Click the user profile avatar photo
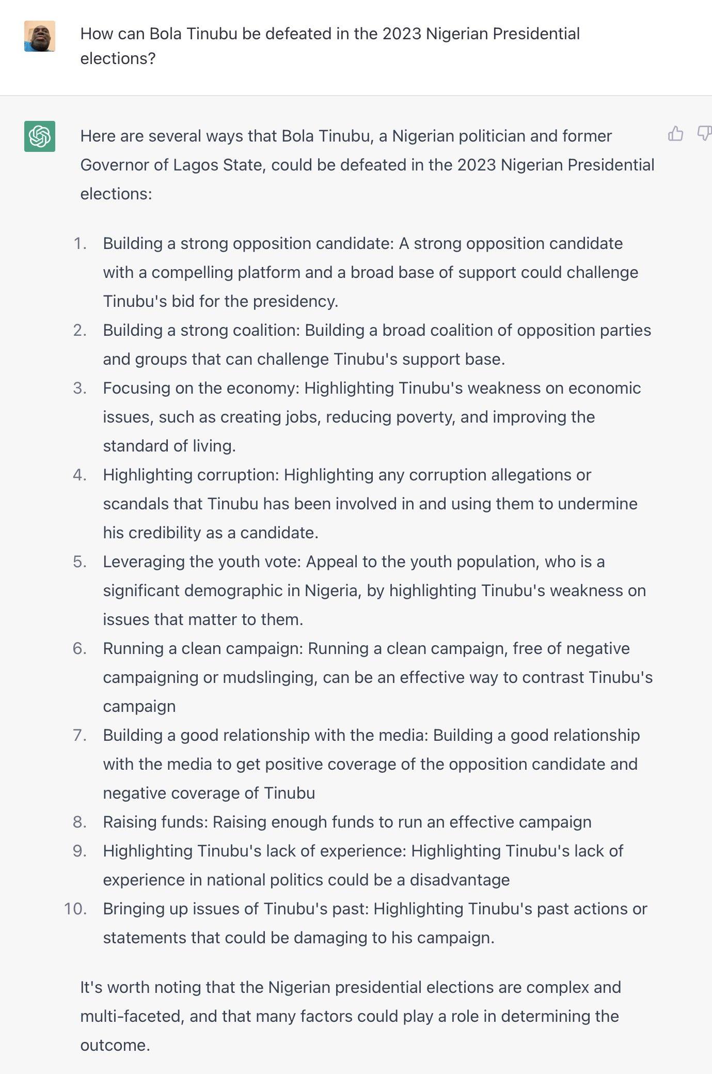click(x=40, y=36)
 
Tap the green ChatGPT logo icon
click(x=40, y=136)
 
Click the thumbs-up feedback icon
click(x=675, y=134)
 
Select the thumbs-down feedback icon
click(x=704, y=134)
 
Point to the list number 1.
click(x=80, y=243)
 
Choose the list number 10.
click(x=75, y=909)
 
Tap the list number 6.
click(x=80, y=648)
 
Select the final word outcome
click(x=115, y=1045)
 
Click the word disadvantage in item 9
click(x=460, y=880)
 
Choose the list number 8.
click(x=80, y=822)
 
